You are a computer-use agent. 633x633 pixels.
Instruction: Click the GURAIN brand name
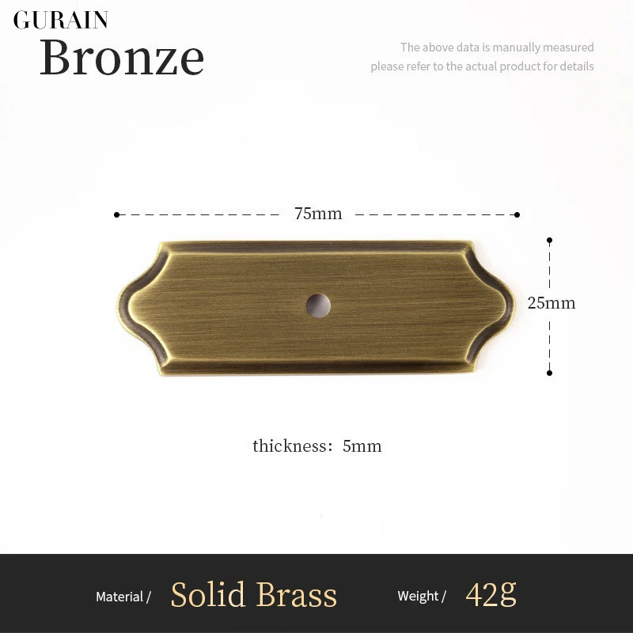point(61,21)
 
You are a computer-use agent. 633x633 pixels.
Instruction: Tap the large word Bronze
point(122,57)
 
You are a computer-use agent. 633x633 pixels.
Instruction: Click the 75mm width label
point(318,214)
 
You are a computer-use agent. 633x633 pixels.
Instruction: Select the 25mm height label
point(552,303)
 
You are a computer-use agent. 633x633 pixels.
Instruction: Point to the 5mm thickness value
point(362,446)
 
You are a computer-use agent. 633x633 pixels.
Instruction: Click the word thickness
point(290,445)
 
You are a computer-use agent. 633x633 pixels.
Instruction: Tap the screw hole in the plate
point(318,305)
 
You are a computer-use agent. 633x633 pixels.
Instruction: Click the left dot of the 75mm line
point(116,214)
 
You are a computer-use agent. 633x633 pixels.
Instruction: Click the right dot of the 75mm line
point(517,214)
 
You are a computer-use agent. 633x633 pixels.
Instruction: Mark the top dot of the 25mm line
point(549,241)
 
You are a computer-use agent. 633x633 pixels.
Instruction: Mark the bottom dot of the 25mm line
point(549,373)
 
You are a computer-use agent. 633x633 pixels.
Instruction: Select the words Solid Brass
point(253,594)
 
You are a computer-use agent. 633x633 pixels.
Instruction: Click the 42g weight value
point(491,594)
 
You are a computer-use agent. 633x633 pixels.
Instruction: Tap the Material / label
point(123,597)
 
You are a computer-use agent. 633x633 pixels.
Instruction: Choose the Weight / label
point(422,596)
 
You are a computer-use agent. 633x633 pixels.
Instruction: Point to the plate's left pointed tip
point(118,306)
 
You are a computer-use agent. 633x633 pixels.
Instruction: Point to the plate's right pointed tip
point(515,306)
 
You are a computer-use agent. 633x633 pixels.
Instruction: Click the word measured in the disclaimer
point(568,47)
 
